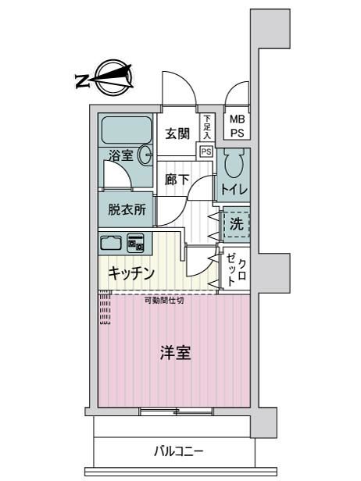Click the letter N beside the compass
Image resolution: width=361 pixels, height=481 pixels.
(82, 81)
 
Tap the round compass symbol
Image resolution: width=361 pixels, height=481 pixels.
(114, 77)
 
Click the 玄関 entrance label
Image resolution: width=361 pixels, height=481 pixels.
(177, 134)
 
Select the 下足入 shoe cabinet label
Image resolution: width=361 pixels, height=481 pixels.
(207, 127)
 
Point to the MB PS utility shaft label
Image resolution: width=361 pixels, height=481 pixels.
(238, 126)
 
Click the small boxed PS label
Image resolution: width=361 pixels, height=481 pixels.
(206, 151)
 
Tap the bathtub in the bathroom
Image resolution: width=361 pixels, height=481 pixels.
(126, 130)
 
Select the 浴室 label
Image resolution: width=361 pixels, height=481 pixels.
(121, 155)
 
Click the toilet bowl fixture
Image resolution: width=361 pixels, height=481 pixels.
(234, 163)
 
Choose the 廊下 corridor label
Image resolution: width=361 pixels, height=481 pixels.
(177, 180)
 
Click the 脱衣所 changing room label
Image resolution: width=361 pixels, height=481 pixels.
(127, 210)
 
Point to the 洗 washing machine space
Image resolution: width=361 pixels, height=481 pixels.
(236, 223)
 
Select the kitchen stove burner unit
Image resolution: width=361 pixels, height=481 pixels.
(136, 243)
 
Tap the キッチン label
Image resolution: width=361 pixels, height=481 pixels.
(131, 273)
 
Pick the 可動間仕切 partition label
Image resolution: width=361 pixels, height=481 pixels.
(165, 301)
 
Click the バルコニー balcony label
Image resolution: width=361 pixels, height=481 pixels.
(178, 451)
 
